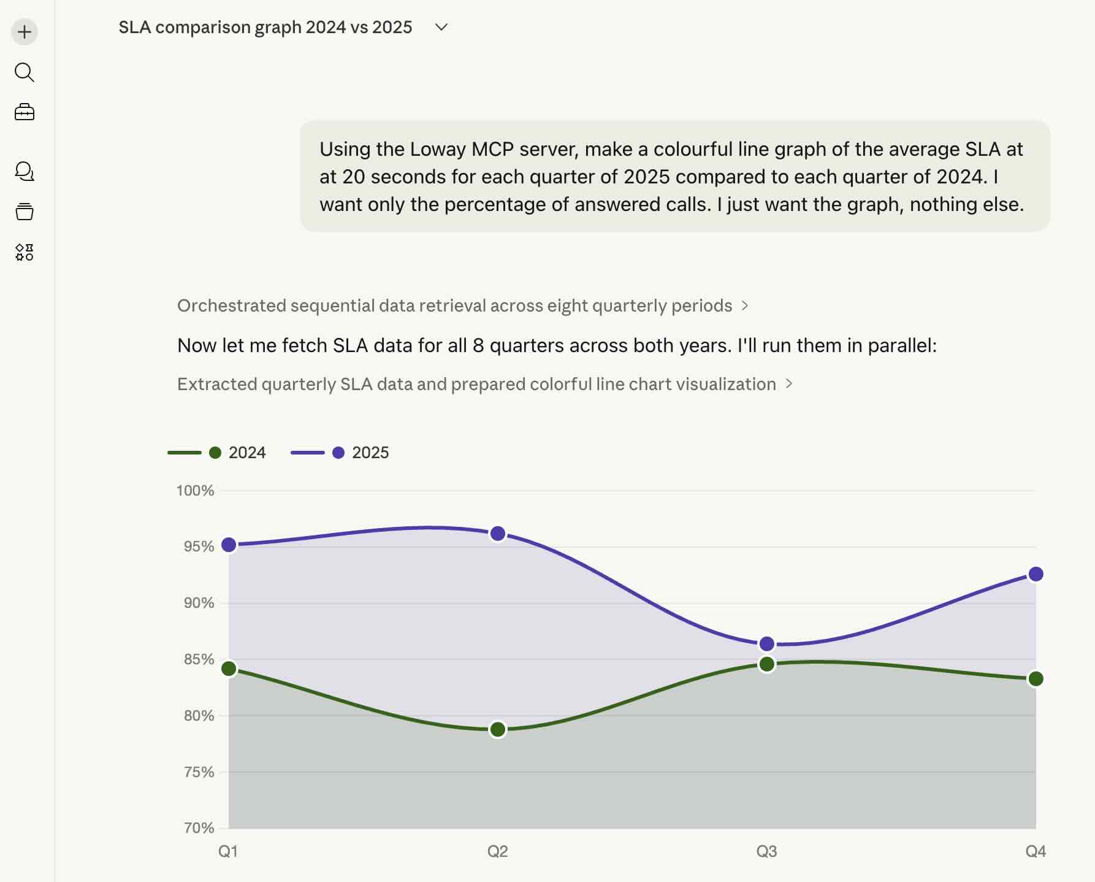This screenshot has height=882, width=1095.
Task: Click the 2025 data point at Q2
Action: tap(498, 534)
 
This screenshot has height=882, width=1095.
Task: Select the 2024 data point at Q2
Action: tap(498, 729)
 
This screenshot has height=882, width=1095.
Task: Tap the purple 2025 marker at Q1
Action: tap(229, 545)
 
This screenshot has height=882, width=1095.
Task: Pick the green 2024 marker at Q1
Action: tap(229, 669)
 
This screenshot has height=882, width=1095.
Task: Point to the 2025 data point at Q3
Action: tap(766, 644)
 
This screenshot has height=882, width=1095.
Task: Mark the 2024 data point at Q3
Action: tap(766, 664)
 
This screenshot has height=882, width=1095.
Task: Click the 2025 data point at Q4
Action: tap(1036, 574)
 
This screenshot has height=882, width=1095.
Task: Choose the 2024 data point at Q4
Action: tap(1036, 679)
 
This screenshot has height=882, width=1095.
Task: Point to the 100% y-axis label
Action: tap(195, 491)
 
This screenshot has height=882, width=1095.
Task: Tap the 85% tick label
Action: tap(199, 659)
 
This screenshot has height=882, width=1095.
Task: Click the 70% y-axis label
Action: tap(199, 828)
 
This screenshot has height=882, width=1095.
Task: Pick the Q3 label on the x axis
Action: tap(766, 851)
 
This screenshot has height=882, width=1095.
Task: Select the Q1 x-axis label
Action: tap(228, 851)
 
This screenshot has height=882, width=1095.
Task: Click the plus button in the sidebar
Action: tap(25, 32)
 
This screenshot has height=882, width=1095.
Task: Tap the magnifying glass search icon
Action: tap(25, 72)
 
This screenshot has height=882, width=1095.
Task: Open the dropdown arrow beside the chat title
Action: tap(441, 27)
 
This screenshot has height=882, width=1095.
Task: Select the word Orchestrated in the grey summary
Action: tap(231, 305)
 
